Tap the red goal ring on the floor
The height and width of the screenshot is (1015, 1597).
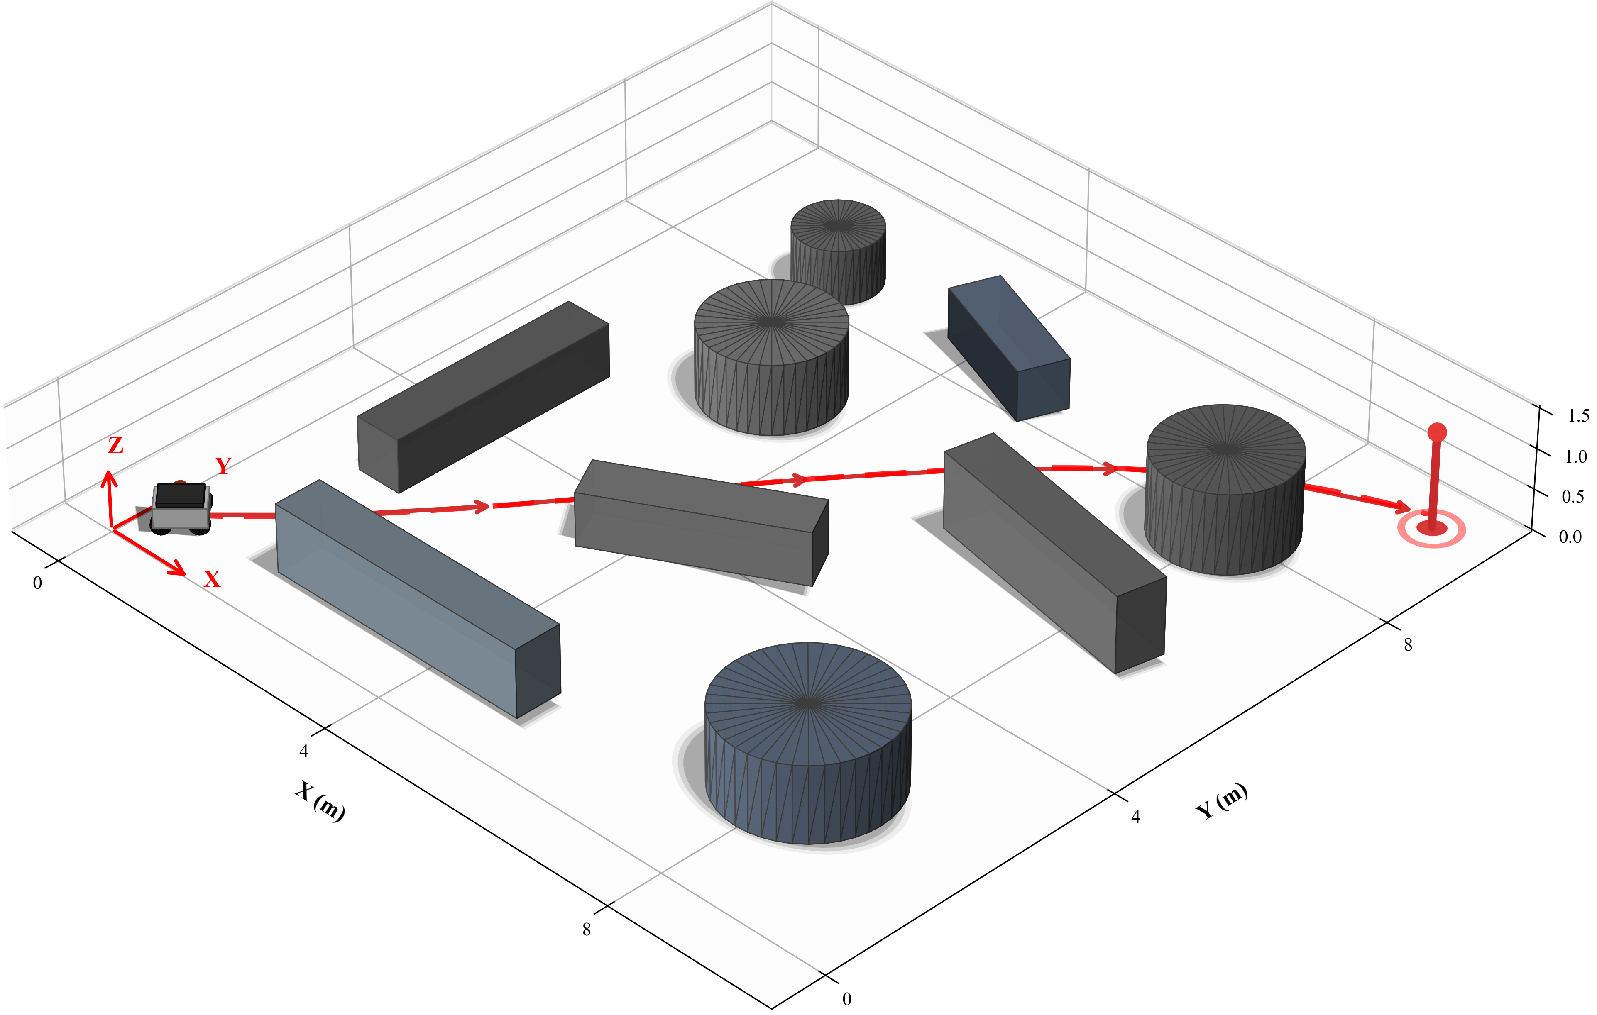[1431, 528]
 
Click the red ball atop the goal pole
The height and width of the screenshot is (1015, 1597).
[1436, 432]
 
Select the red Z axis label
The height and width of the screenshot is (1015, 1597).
[115, 446]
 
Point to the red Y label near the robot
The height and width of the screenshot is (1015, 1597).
[223, 466]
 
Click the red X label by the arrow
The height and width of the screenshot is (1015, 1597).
[212, 579]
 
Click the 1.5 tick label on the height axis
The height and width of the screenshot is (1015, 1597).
[1578, 416]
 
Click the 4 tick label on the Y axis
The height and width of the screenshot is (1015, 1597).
[1135, 817]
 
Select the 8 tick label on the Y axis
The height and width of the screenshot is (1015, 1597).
[1408, 644]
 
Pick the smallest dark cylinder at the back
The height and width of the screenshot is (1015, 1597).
[838, 251]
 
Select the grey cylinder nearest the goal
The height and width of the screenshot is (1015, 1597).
[1225, 489]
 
